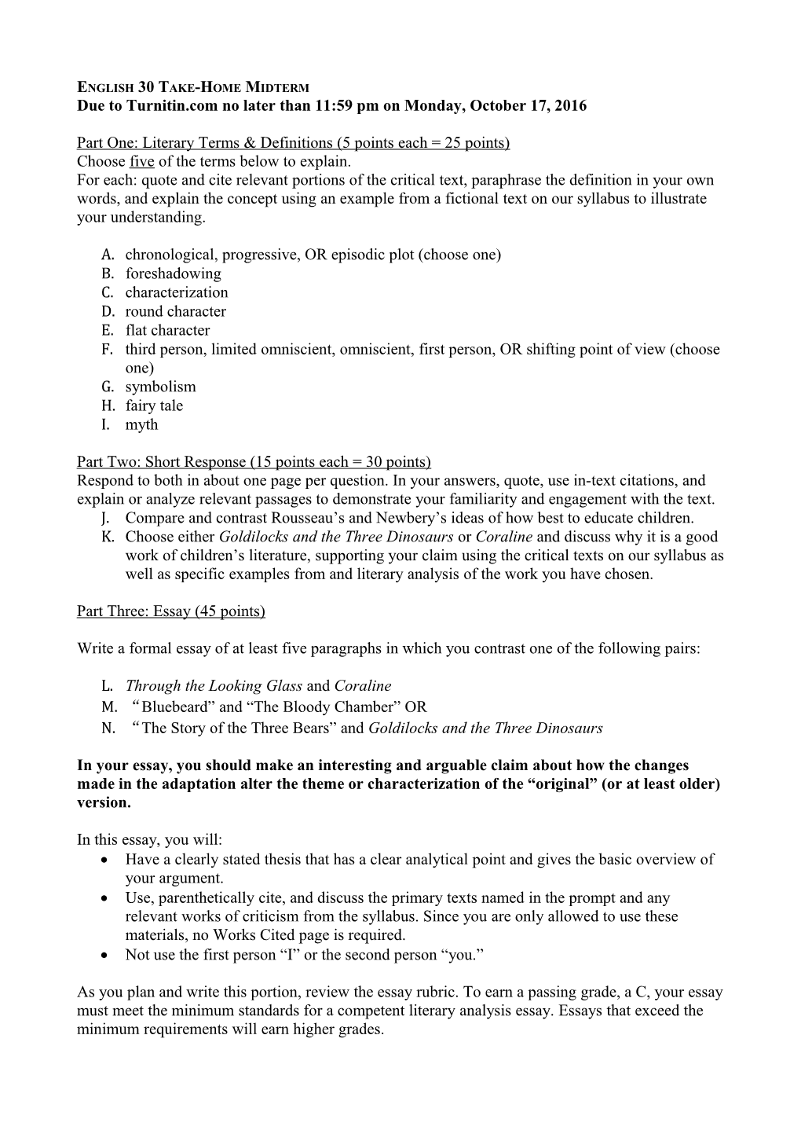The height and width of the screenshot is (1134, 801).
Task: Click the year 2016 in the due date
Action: click(x=570, y=105)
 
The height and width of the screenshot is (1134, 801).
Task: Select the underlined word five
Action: click(x=141, y=162)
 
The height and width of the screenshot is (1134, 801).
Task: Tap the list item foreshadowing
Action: click(x=173, y=273)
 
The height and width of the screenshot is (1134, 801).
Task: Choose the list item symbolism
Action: click(x=160, y=387)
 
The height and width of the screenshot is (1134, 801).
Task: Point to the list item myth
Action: click(x=141, y=424)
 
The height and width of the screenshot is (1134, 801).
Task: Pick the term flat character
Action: click(x=167, y=330)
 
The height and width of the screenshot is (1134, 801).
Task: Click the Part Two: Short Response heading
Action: click(x=254, y=461)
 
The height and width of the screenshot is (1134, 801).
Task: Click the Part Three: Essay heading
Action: click(x=170, y=611)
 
